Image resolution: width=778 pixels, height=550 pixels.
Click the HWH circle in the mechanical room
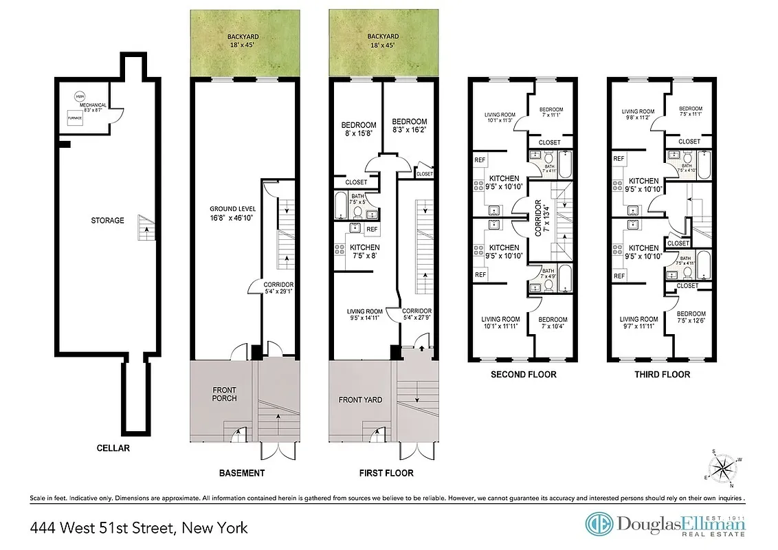(80, 96)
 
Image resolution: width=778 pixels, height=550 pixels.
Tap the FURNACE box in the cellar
(75, 118)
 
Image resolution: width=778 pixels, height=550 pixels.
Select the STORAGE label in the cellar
(107, 221)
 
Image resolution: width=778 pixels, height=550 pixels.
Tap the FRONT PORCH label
(224, 394)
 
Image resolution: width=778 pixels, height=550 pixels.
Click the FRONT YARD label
(360, 399)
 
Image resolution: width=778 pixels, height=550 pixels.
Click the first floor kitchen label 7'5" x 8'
(364, 251)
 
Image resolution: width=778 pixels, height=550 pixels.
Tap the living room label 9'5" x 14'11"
(364, 315)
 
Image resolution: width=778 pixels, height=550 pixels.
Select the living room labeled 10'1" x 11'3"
(500, 115)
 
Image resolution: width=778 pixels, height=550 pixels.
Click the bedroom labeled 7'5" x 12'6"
(691, 318)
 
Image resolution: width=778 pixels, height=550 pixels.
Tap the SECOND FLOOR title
(523, 375)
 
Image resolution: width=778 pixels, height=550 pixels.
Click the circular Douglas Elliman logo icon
(599, 524)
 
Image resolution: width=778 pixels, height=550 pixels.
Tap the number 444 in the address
(43, 528)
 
